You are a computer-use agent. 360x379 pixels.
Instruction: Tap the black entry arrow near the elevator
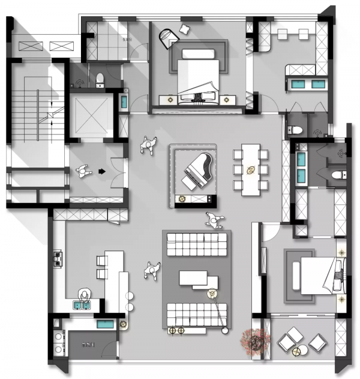[x=102, y=171]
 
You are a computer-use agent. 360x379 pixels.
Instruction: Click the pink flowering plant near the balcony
[x=254, y=340]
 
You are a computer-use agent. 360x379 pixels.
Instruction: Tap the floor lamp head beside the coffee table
[x=212, y=294]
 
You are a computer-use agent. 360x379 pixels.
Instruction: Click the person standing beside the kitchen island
[x=152, y=271]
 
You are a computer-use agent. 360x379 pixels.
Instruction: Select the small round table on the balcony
[x=316, y=342]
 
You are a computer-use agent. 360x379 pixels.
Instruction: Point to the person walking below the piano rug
[x=213, y=220]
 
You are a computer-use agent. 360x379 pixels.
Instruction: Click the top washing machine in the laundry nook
[x=58, y=335]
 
